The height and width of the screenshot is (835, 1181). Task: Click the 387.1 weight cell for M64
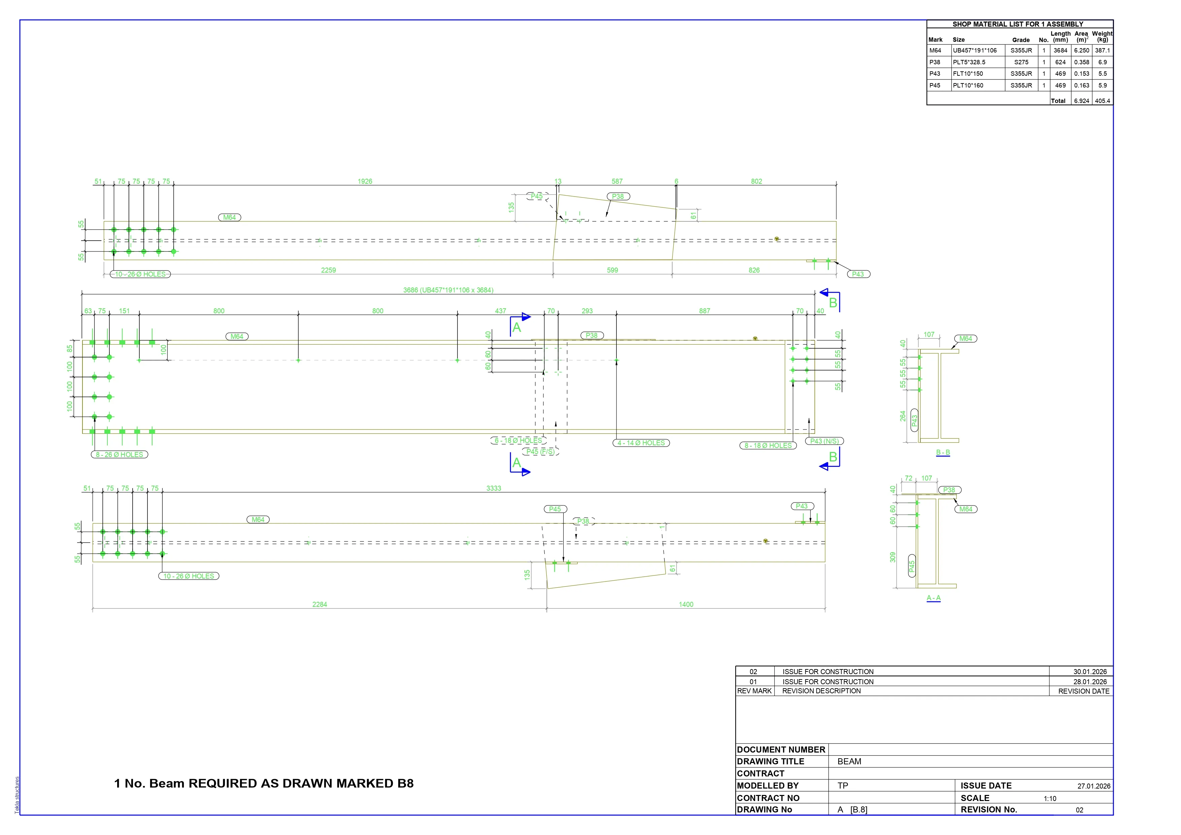pos(1102,50)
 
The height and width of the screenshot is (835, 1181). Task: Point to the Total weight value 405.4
pos(1102,101)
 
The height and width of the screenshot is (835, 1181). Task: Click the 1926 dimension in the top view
pos(365,181)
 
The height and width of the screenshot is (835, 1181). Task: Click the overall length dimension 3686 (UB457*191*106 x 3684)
pos(448,290)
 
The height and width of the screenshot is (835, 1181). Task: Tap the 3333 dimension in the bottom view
pos(494,488)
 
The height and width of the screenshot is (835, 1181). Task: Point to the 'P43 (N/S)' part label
pos(824,441)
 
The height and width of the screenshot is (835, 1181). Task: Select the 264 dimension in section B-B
pos(903,416)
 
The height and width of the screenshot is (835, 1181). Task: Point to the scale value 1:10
pos(1050,799)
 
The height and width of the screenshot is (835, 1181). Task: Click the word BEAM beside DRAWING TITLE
pos(849,762)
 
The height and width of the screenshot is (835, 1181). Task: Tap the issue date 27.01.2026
pos(1093,786)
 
